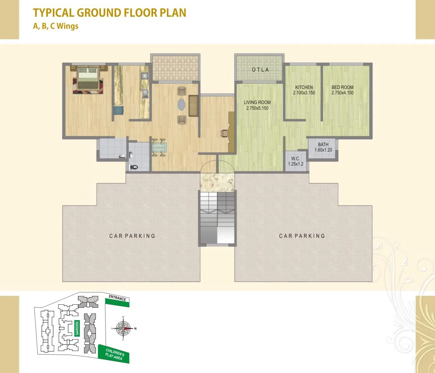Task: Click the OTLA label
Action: [260, 70]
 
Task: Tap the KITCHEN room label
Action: [304, 90]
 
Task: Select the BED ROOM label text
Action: [342, 90]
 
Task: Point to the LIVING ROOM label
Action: [257, 105]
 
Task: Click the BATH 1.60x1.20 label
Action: [323, 147]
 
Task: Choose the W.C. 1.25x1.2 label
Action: [296, 161]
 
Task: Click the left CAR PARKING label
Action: [132, 236]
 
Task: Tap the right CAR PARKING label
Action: [302, 236]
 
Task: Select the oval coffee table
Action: [181, 104]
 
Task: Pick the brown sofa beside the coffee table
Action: [193, 106]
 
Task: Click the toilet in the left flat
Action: [134, 167]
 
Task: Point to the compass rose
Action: [123, 329]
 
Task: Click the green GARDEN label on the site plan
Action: [77, 328]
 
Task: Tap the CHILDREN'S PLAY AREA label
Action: [114, 355]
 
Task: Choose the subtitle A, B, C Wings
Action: [56, 26]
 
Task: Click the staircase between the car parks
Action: [217, 217]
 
